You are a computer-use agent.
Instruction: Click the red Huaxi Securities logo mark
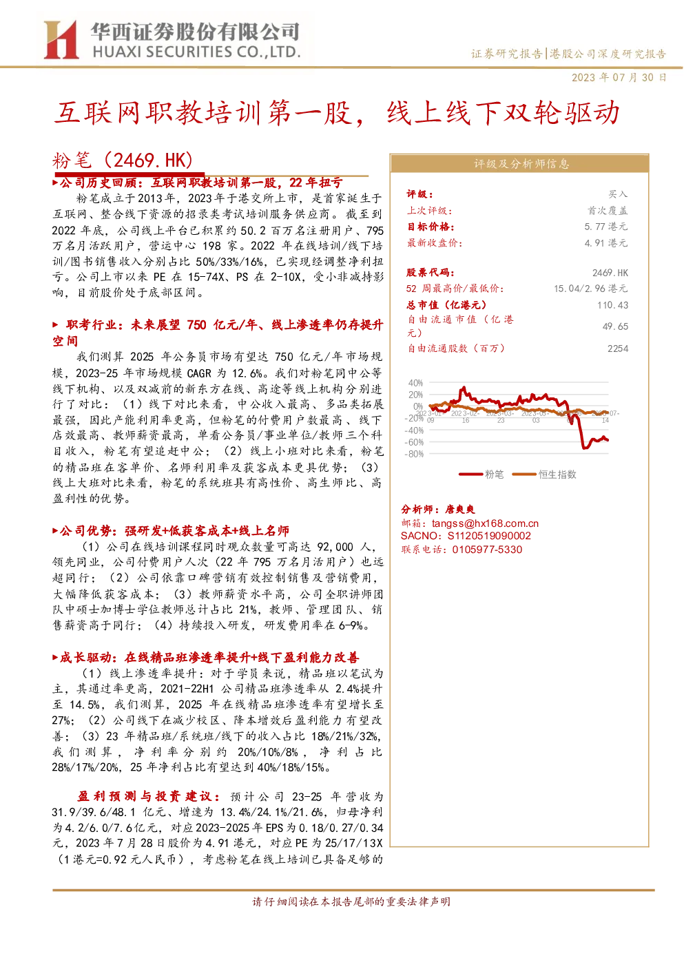tap(61, 40)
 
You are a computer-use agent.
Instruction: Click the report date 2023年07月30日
tap(619, 78)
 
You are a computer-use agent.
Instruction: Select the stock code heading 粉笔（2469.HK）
tap(122, 160)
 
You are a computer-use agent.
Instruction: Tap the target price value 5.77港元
tap(606, 227)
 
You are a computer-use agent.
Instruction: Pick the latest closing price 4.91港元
tap(606, 243)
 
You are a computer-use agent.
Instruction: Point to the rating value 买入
tap(618, 194)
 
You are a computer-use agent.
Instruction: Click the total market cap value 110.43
tap(612, 305)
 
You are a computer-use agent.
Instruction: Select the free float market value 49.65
tap(615, 326)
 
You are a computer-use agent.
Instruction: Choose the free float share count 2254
tap(617, 349)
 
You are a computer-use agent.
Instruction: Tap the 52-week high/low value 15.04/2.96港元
tap(591, 289)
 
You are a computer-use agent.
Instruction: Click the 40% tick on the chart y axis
tap(415, 383)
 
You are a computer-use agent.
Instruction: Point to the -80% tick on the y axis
tap(414, 454)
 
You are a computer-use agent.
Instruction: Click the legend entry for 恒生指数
tap(544, 475)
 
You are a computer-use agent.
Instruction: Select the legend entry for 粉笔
tap(481, 475)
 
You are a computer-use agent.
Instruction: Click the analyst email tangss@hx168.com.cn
tap(485, 523)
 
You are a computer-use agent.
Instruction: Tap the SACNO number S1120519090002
tap(489, 536)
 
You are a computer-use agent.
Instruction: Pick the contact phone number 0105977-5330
tap(487, 550)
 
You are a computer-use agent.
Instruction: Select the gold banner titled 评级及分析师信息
tap(519, 164)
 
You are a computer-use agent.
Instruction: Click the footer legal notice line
tap(351, 902)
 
